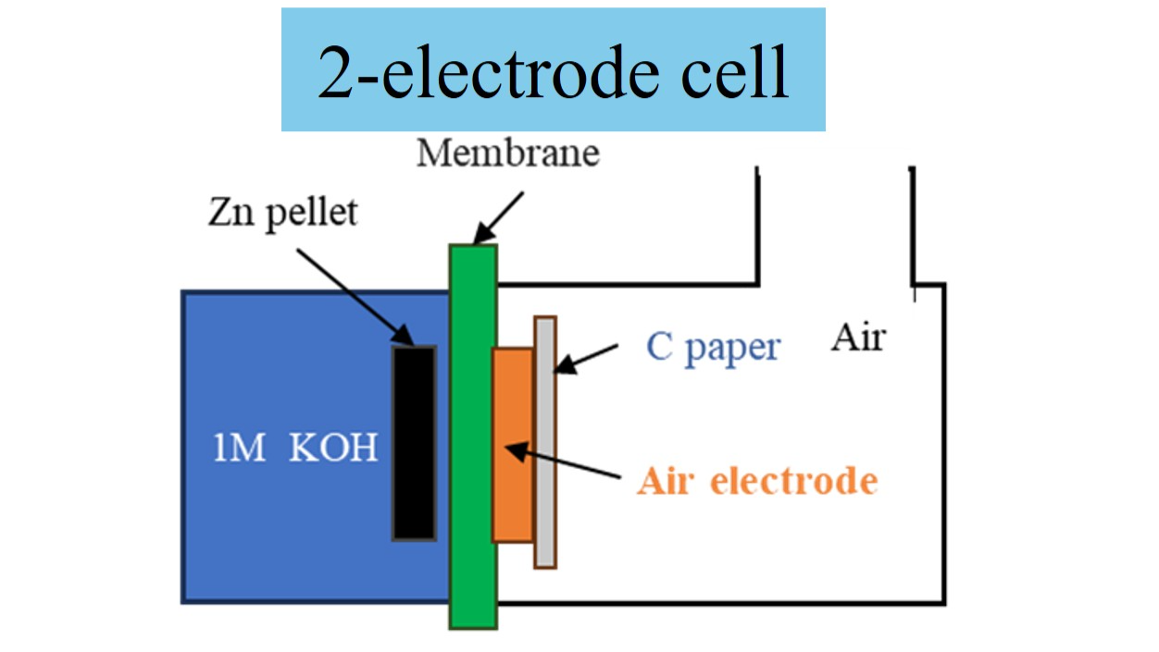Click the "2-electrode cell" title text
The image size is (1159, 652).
(553, 71)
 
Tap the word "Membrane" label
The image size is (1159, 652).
(507, 153)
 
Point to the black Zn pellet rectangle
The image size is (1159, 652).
(414, 442)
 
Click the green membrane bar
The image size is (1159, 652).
(473, 435)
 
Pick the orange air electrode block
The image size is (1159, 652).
(513, 444)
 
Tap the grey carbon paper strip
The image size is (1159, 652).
(545, 442)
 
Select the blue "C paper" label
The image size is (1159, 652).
(713, 349)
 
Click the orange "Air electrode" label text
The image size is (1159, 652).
(757, 482)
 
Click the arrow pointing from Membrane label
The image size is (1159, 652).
(499, 218)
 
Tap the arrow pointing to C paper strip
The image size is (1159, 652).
(587, 359)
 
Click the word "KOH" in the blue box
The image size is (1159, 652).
(333, 449)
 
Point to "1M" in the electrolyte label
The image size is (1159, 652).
(240, 449)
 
